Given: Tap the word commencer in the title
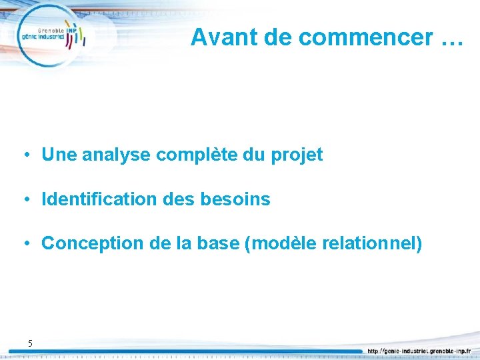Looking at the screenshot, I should click(366, 38).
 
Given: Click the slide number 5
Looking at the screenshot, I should click(30, 343).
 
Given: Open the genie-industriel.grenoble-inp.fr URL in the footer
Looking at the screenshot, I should click(418, 351).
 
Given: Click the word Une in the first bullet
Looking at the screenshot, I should click(57, 155).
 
